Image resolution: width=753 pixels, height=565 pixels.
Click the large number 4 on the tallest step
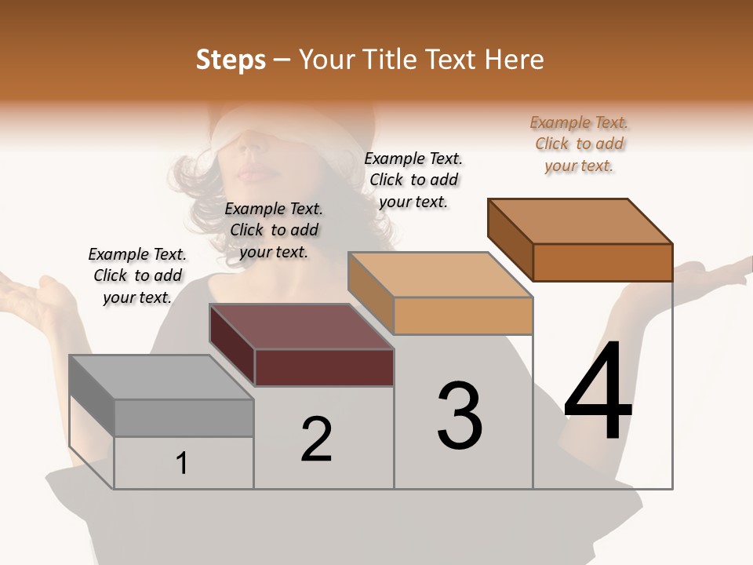click(598, 392)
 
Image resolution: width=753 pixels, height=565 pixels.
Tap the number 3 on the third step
click(460, 416)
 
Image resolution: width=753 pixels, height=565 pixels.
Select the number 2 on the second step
click(317, 439)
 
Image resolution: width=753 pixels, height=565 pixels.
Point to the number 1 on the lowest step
click(182, 463)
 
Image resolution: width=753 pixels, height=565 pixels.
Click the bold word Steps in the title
click(231, 60)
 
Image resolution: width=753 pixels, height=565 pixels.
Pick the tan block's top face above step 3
click(439, 275)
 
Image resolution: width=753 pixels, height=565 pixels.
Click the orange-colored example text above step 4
click(579, 144)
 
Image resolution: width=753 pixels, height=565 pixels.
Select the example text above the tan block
click(413, 180)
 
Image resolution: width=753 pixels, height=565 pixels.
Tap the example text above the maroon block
click(274, 230)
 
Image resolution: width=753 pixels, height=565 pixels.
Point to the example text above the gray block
click(137, 275)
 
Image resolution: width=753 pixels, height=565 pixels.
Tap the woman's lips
click(253, 172)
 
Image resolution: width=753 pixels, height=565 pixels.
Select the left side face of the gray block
click(92, 396)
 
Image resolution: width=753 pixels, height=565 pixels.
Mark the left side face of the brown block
click(511, 239)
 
